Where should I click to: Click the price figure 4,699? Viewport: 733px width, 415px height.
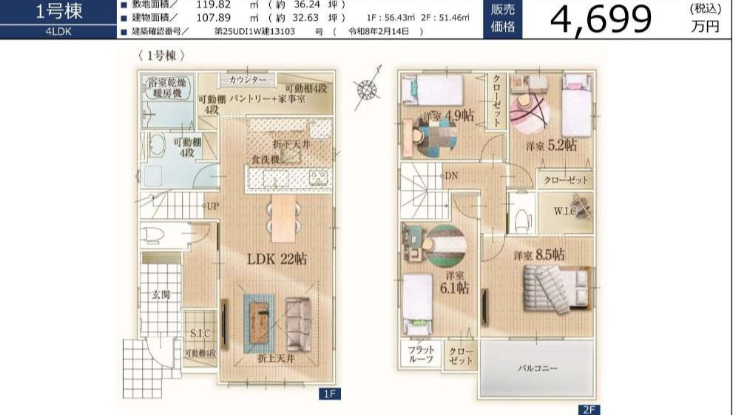(601, 20)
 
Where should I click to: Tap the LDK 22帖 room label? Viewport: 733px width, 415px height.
(277, 259)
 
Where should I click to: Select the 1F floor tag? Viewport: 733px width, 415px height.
(330, 394)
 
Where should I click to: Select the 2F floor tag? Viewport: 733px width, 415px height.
(589, 410)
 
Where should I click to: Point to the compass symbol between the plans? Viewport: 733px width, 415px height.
(367, 89)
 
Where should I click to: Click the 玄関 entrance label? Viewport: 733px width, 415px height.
(161, 295)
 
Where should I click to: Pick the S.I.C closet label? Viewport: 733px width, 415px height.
(200, 333)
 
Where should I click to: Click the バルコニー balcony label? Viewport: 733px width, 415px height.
(537, 368)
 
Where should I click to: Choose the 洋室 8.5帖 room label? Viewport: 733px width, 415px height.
(539, 254)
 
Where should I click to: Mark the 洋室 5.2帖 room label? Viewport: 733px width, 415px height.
(551, 145)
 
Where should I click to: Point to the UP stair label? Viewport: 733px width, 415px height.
(213, 206)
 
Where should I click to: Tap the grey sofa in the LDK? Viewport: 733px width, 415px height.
(298, 324)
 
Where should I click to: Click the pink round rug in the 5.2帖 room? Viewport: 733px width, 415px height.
(529, 114)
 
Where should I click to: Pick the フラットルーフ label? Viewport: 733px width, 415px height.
(421, 354)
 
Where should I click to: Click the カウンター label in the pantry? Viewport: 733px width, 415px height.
(248, 80)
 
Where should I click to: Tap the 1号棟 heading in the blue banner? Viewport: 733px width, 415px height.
(59, 12)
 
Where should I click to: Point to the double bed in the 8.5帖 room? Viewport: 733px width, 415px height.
(555, 289)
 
